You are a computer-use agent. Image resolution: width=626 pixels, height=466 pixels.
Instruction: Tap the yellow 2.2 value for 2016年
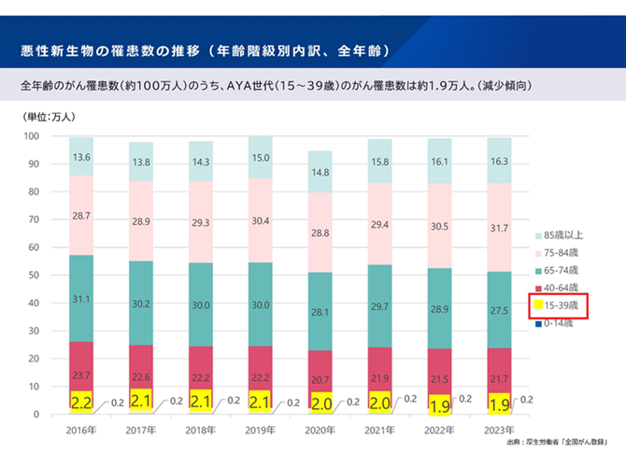81,402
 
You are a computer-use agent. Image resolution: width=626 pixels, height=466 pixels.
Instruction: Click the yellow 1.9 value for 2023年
500,403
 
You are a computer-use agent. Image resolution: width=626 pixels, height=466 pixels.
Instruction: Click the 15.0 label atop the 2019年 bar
261,158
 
